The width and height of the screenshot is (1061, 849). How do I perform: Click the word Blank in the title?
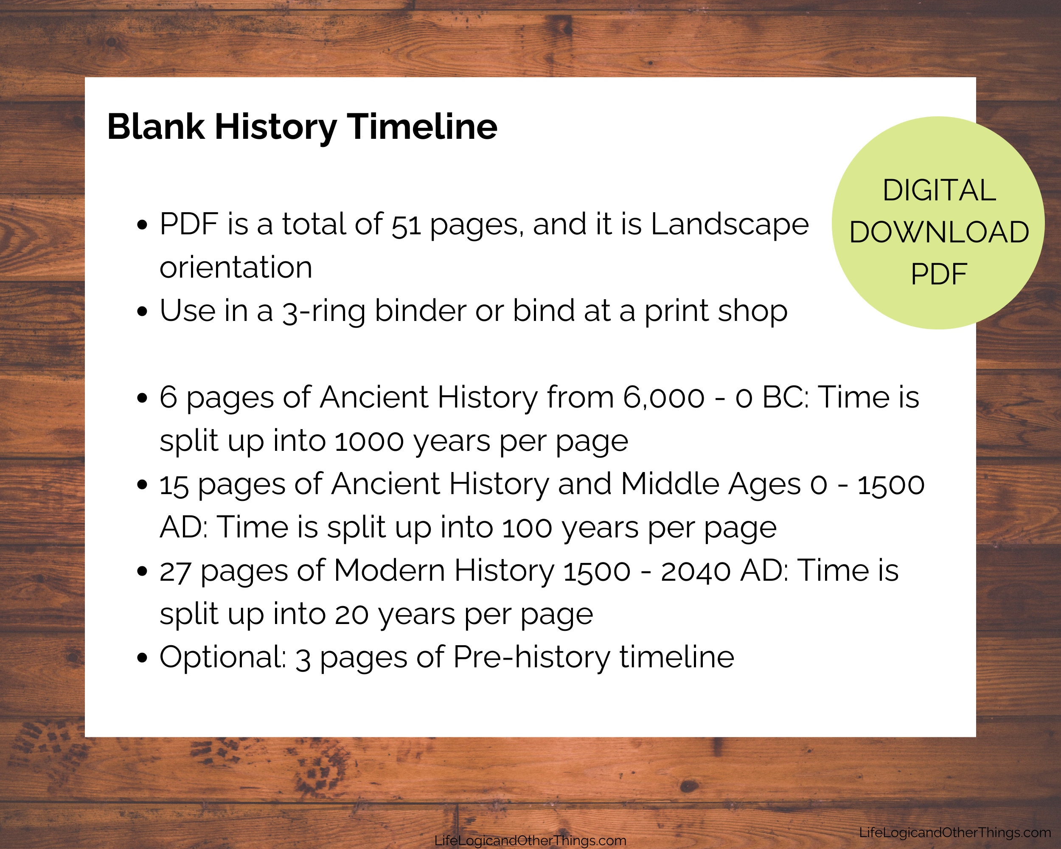tap(155, 127)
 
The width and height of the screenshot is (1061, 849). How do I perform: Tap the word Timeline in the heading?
tap(423, 127)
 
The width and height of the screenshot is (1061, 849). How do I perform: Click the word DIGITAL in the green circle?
tap(939, 191)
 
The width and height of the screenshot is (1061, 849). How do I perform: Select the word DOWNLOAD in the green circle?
tap(939, 232)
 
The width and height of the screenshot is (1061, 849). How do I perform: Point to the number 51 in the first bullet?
tap(406, 225)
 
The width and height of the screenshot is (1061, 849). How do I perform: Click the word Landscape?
tap(730, 225)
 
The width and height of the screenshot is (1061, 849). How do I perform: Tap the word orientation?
tap(236, 268)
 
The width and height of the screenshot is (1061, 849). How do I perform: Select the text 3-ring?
tap(323, 312)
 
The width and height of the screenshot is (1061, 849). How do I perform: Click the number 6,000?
tap(663, 398)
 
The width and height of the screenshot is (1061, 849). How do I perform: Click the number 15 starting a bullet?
tap(174, 485)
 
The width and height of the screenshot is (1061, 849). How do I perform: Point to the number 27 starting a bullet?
tap(175, 571)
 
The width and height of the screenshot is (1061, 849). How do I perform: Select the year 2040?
tap(695, 571)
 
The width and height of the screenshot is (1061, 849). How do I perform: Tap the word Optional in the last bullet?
tap(222, 658)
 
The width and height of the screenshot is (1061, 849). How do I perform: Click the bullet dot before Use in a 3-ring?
tap(142, 312)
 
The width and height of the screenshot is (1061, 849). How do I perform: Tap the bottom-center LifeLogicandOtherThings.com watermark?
tap(530, 841)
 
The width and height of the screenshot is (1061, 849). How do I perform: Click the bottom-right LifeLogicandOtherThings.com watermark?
tap(955, 832)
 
